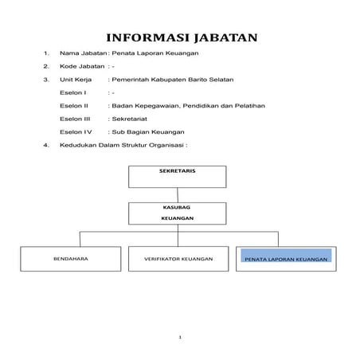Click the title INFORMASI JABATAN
[180, 39]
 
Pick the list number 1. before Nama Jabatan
[48, 53]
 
